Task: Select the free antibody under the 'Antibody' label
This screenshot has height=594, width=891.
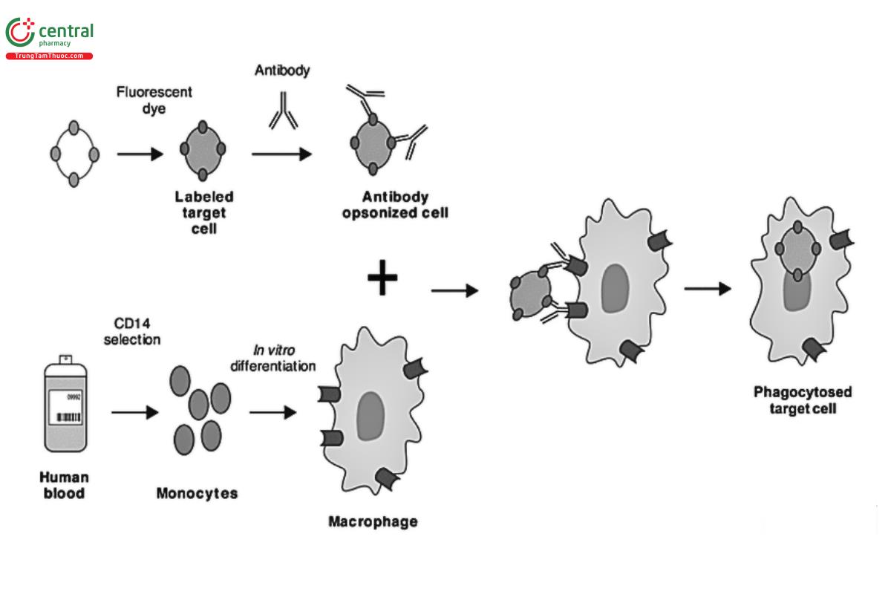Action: (x=283, y=111)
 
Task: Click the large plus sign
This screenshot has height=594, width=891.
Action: (x=383, y=279)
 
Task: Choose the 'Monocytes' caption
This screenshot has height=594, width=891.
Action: (x=197, y=493)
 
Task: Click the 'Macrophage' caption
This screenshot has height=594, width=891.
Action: (x=373, y=521)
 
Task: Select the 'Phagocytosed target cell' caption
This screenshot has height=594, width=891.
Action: (x=803, y=399)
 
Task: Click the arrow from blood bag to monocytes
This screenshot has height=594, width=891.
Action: (x=134, y=412)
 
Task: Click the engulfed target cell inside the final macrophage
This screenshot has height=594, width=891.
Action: (x=797, y=250)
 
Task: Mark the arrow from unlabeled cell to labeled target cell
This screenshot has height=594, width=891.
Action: (x=140, y=154)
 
